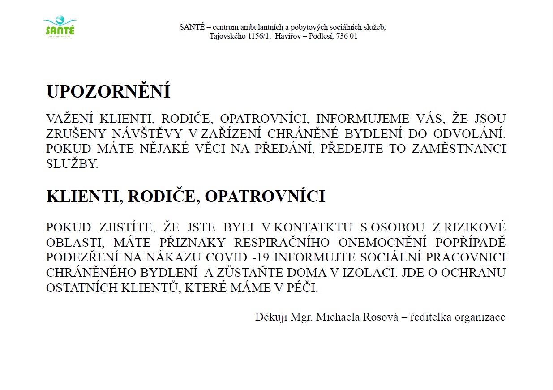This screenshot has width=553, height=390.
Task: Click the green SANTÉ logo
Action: [x=60, y=27]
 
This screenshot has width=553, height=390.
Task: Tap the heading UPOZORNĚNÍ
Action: [x=108, y=92]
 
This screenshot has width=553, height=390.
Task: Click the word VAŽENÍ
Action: [x=71, y=119]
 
